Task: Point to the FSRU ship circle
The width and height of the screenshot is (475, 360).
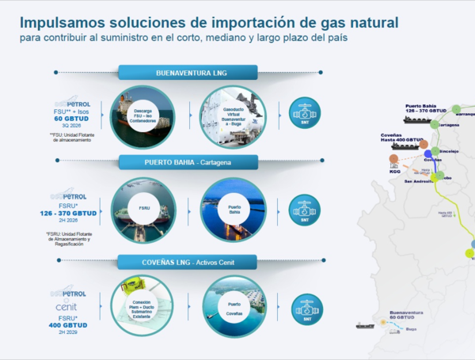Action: (142, 210)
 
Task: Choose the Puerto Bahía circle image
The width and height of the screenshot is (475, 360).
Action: (233, 210)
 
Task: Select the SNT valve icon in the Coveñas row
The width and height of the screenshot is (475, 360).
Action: (306, 308)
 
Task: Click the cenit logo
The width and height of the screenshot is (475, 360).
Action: (66, 307)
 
